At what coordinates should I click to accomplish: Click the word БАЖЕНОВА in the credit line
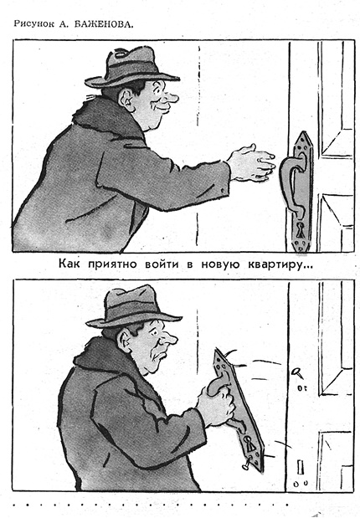tap(104, 24)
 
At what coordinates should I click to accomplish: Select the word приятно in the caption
tap(114, 264)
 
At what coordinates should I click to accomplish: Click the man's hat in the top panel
tap(131, 68)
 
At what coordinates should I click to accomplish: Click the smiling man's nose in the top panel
tap(172, 97)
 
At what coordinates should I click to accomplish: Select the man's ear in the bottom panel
tap(125, 341)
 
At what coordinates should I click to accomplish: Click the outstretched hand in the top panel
tap(252, 163)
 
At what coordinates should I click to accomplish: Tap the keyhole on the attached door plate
tap(300, 229)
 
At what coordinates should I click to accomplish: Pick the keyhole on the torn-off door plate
tap(249, 444)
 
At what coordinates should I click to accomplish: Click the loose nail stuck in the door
tap(297, 373)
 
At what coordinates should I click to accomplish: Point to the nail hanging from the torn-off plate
tap(247, 463)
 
